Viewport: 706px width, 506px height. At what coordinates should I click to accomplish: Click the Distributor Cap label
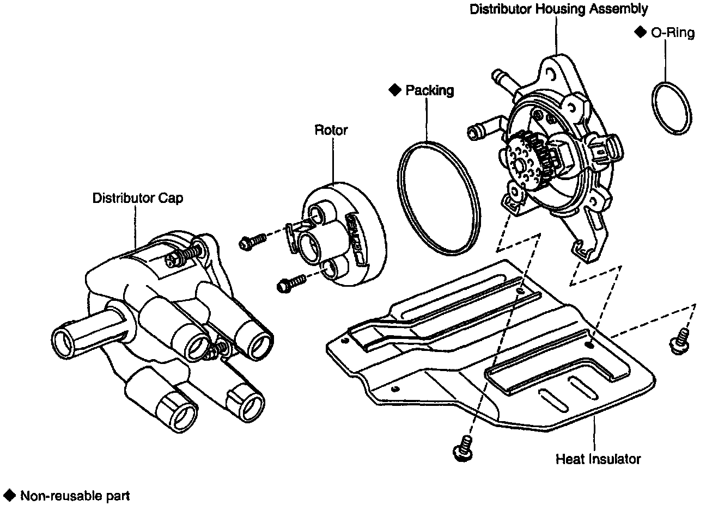[x=137, y=198]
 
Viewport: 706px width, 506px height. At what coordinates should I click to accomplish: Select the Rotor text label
[x=331, y=131]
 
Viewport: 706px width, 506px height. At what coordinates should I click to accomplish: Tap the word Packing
[x=429, y=90]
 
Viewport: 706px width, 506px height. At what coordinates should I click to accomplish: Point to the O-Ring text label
[x=673, y=33]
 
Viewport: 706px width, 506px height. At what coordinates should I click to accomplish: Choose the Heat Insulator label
[x=598, y=459]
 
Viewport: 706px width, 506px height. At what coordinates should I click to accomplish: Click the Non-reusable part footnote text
[x=75, y=496]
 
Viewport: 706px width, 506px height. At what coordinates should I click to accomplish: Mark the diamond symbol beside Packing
[x=394, y=90]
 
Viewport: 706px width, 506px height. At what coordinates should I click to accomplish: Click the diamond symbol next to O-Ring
[x=640, y=33]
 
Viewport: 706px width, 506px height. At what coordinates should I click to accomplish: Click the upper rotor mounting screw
[x=252, y=242]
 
